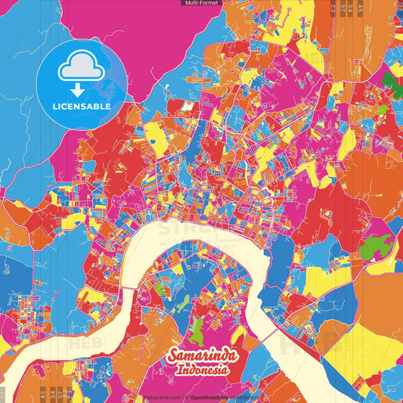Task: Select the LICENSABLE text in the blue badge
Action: tap(82, 107)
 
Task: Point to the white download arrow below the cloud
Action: tap(82, 87)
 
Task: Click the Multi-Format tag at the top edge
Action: tap(200, 3)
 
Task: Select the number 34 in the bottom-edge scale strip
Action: tap(59, 393)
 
